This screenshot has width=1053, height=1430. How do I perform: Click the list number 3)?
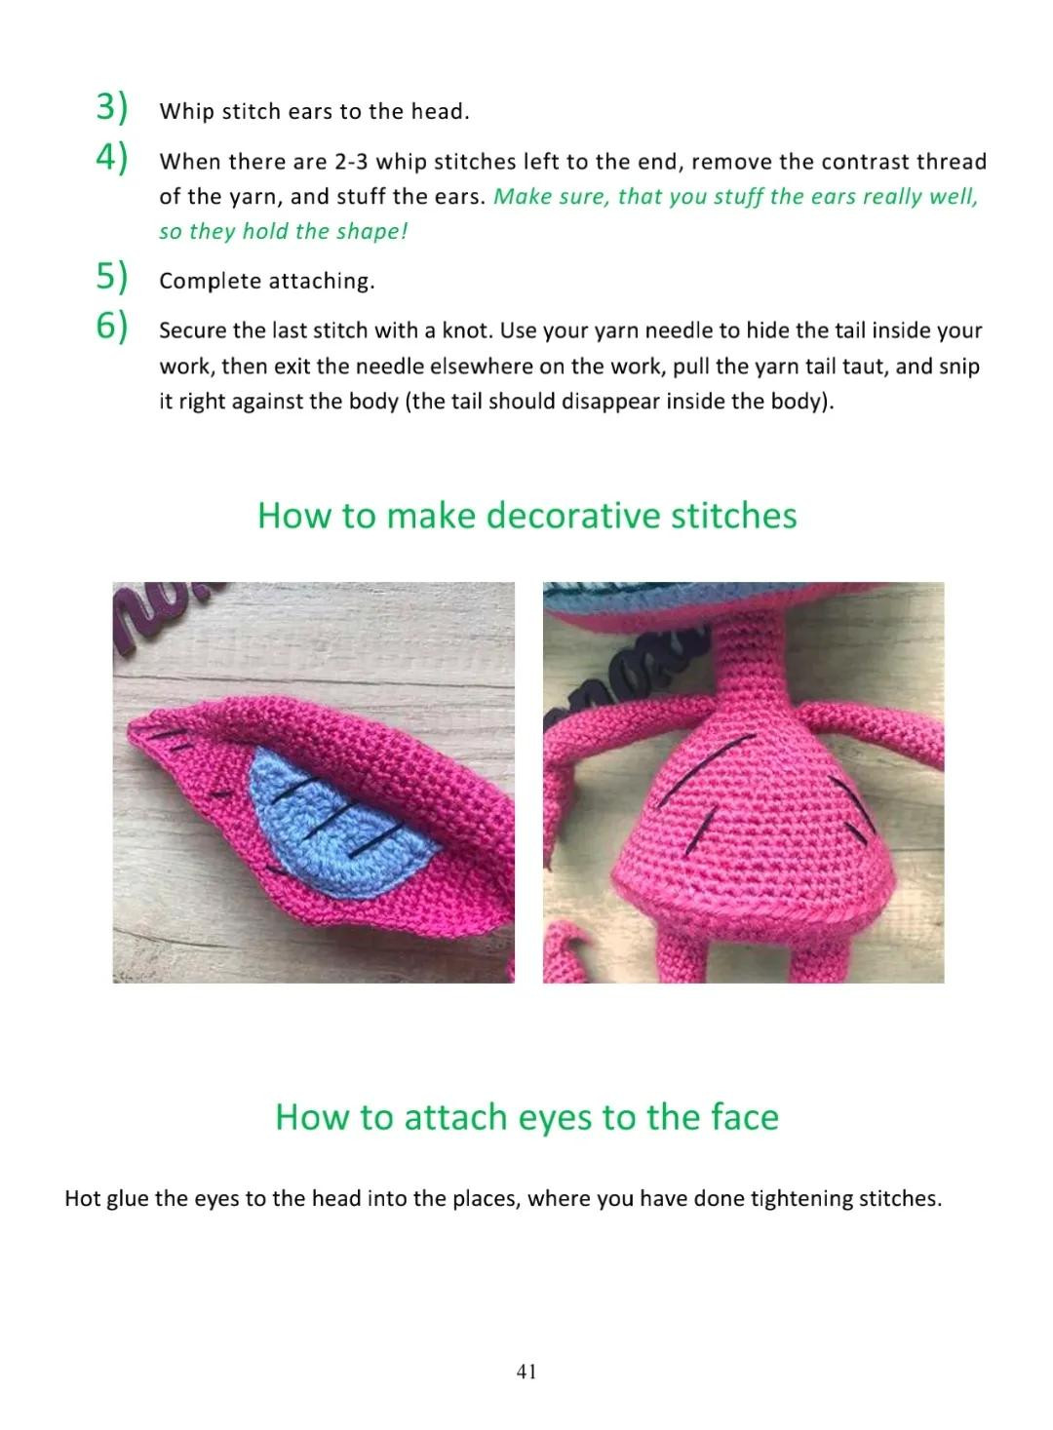(112, 107)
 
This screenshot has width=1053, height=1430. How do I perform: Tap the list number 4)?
(112, 157)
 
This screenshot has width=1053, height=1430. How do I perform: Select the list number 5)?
(112, 277)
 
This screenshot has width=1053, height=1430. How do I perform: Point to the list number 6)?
(112, 327)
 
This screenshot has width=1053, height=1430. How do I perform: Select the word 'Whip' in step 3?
(186, 112)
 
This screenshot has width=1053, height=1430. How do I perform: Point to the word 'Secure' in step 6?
(193, 330)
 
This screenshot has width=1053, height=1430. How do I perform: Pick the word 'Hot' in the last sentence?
(83, 1198)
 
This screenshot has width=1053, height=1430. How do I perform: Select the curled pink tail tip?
(565, 946)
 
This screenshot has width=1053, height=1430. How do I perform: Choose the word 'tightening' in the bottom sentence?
(801, 1198)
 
